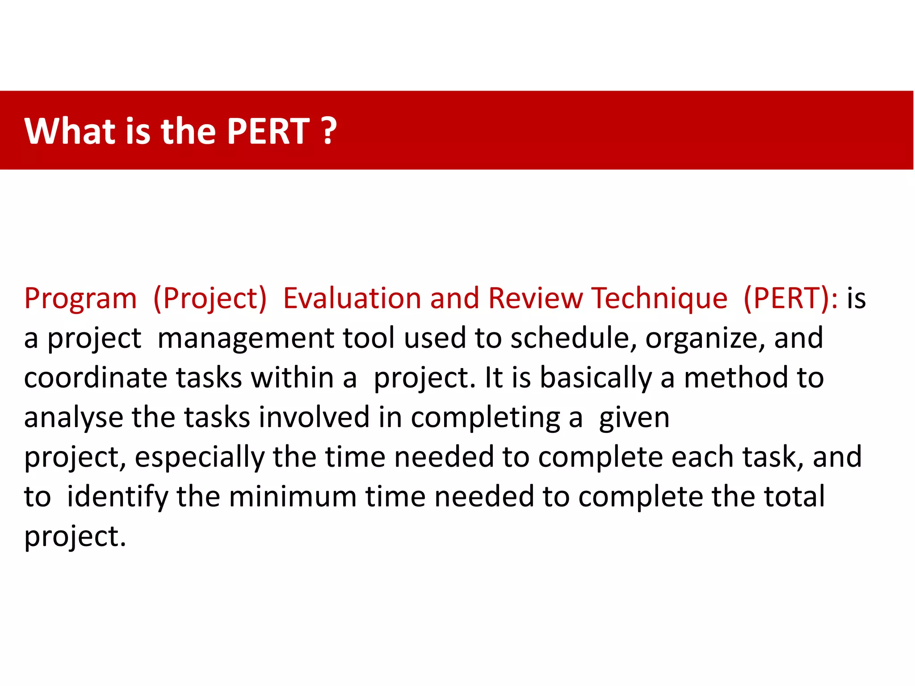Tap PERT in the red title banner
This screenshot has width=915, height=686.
(x=268, y=131)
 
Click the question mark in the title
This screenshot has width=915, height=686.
(x=329, y=131)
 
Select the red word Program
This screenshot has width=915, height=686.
(x=80, y=299)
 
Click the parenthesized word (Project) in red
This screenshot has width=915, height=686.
(x=210, y=299)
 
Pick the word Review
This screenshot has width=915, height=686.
(x=535, y=298)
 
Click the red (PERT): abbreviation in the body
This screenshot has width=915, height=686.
(x=791, y=299)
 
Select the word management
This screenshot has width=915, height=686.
(x=245, y=338)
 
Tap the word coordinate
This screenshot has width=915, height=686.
(x=95, y=378)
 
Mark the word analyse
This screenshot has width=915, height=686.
(x=73, y=418)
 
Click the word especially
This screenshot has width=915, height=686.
(x=200, y=458)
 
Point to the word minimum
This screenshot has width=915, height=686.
(x=292, y=497)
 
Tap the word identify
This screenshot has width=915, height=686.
(x=117, y=497)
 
